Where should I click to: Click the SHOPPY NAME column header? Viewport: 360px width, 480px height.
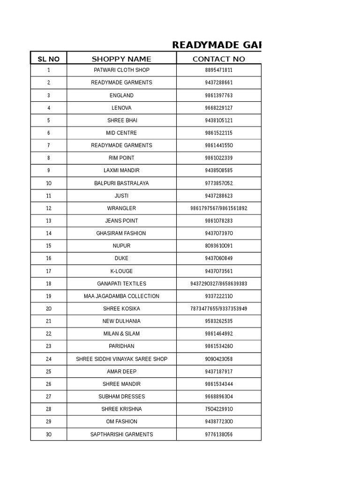121,59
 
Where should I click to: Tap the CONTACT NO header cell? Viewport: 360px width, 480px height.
218,59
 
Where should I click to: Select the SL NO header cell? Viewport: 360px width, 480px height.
48,59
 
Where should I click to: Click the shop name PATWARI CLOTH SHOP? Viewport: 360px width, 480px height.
121,70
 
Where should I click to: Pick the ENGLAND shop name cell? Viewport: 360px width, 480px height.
121,95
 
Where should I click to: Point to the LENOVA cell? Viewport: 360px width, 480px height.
121,108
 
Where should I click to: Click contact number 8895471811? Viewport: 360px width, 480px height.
218,70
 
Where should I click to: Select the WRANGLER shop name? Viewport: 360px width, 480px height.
121,208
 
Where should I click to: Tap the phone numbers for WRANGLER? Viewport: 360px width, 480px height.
218,208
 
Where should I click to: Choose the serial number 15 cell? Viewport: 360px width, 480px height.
49,246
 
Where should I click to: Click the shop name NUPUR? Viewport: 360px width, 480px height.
121,246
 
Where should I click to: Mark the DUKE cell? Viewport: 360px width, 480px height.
121,258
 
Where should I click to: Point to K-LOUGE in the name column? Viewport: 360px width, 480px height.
121,271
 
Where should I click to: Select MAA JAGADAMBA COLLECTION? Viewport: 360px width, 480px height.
121,296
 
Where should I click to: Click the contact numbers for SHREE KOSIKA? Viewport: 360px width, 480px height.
218,308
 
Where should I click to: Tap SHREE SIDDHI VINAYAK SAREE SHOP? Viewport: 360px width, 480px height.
121,359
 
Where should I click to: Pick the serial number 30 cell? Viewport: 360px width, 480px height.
49,435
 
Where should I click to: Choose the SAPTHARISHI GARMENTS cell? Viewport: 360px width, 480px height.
121,435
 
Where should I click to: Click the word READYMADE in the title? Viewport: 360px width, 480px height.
204,45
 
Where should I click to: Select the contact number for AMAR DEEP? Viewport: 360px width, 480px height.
218,372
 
